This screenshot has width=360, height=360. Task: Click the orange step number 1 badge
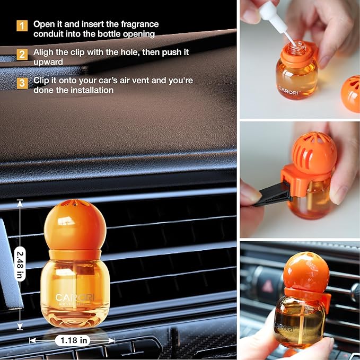[22, 25]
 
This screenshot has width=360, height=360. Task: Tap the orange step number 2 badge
[22, 54]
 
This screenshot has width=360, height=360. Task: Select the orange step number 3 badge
[22, 83]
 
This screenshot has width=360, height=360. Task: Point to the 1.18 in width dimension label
[72, 340]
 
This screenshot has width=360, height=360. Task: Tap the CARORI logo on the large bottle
[75, 297]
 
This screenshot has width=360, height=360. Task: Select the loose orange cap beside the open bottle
[351, 93]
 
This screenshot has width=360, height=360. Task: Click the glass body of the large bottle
[75, 289]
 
